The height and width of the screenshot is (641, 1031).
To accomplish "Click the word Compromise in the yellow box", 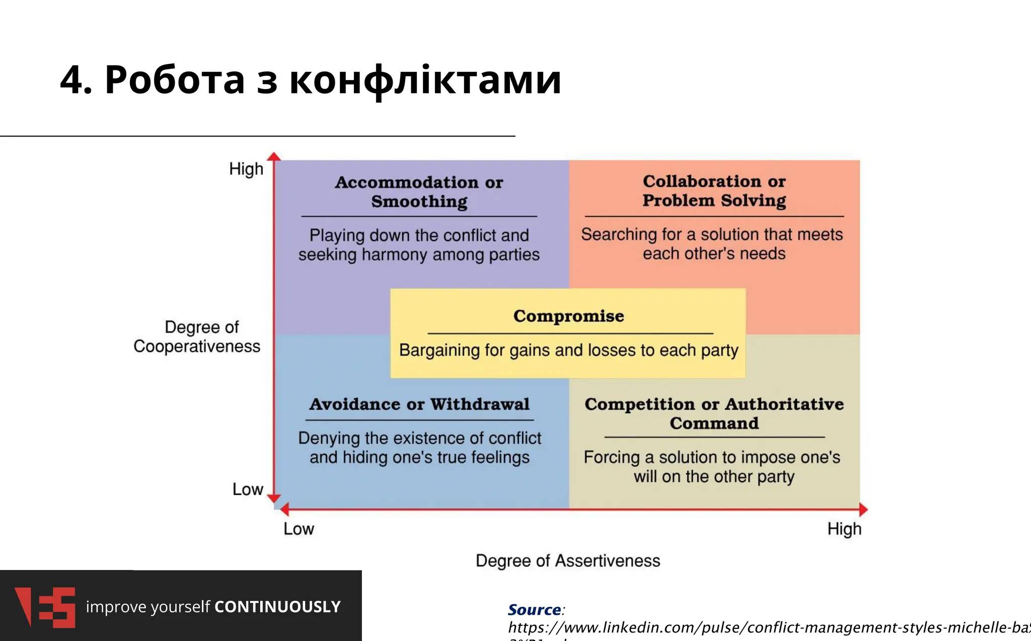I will pyautogui.click(x=568, y=316).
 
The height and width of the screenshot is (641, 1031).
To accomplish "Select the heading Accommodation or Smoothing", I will pyautogui.click(x=419, y=192).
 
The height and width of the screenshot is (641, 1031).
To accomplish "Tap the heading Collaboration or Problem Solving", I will pyautogui.click(x=714, y=191).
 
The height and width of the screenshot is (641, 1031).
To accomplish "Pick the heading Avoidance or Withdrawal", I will pyautogui.click(x=419, y=404).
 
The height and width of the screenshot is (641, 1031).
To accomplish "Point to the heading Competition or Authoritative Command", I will pyautogui.click(x=714, y=414).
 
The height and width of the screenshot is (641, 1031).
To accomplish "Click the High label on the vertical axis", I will pyautogui.click(x=246, y=169).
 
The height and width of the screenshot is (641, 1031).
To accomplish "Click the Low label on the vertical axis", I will pyautogui.click(x=248, y=489).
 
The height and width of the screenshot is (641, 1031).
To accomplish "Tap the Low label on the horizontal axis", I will pyautogui.click(x=299, y=529).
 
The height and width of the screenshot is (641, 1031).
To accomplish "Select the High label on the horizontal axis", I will pyautogui.click(x=844, y=529).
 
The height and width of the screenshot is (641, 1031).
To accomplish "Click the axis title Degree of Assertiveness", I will pyautogui.click(x=568, y=560).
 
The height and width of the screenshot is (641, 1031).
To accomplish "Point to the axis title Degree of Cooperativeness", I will pyautogui.click(x=197, y=337).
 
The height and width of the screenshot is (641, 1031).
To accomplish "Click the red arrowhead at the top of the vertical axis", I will pyautogui.click(x=274, y=156).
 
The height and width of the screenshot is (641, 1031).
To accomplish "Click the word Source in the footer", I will pyautogui.click(x=534, y=609).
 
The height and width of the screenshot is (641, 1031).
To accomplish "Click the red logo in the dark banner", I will pyautogui.click(x=45, y=607).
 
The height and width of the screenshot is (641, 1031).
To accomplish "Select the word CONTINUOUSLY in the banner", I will pyautogui.click(x=277, y=607).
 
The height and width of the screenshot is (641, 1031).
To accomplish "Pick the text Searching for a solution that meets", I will pyautogui.click(x=712, y=234).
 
